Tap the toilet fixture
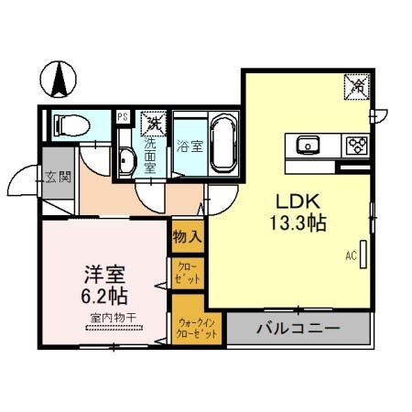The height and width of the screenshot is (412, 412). click(x=70, y=125)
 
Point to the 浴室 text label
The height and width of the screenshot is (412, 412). click(x=189, y=145)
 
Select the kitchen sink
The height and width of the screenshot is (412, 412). click(x=307, y=144)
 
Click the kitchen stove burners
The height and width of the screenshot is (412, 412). click(x=356, y=144)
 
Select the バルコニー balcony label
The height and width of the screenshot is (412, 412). click(x=298, y=328)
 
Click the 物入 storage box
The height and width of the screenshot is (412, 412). click(x=187, y=236)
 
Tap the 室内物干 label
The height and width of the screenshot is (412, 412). click(x=114, y=318)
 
